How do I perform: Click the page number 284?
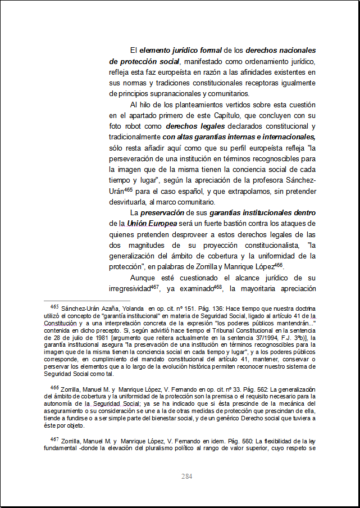point(187,477)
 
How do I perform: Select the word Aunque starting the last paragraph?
point(143,278)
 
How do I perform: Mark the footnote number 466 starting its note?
point(54,388)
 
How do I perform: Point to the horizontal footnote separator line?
point(87,300)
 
